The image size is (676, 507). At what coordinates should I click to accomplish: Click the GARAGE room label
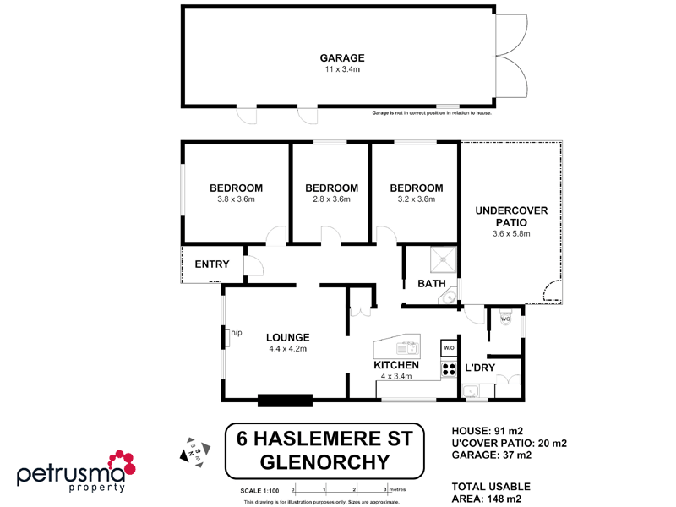click(x=341, y=57)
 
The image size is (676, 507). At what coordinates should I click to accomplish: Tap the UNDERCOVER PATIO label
click(x=511, y=215)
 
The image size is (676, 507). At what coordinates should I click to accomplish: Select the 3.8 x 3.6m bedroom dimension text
click(x=236, y=200)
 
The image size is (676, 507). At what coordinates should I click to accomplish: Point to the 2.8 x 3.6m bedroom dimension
click(x=331, y=200)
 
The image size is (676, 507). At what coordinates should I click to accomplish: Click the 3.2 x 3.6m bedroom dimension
click(x=416, y=200)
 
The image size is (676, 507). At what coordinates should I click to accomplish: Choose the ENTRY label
click(x=211, y=264)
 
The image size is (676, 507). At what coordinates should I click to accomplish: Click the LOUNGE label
click(x=287, y=337)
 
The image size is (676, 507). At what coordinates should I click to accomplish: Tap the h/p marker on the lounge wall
click(x=237, y=332)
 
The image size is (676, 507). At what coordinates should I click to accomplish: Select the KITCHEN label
click(x=396, y=365)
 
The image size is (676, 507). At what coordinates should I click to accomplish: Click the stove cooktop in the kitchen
click(x=448, y=368)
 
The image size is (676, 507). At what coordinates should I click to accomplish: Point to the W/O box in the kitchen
click(x=448, y=348)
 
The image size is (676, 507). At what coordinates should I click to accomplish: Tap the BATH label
click(x=432, y=284)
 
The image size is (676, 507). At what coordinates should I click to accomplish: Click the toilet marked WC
click(x=505, y=319)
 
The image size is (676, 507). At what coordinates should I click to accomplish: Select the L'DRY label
click(x=480, y=368)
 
